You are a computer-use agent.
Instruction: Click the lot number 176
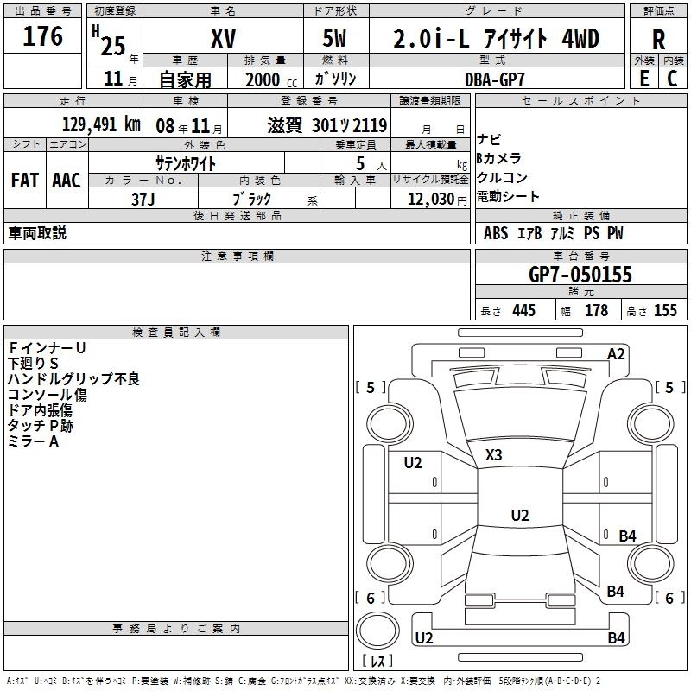42,36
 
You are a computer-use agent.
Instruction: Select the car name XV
224,38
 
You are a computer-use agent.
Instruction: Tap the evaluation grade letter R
658,40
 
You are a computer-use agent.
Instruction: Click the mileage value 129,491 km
101,124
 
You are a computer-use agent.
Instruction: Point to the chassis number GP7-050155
580,275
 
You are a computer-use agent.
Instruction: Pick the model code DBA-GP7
495,79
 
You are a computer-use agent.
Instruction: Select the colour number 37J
143,200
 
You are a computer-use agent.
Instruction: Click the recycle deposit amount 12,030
430,200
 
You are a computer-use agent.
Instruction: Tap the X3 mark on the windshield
493,455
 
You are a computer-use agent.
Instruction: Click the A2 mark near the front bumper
616,354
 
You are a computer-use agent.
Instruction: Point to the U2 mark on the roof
520,515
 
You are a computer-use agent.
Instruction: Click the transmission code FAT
25,181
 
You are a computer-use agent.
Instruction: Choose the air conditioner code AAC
67,181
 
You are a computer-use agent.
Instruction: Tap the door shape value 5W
334,38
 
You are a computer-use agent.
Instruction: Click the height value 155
665,310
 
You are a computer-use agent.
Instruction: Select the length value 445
524,310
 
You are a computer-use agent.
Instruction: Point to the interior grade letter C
672,79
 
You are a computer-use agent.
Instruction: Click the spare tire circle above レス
377,631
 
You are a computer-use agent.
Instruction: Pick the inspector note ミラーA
33,441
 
